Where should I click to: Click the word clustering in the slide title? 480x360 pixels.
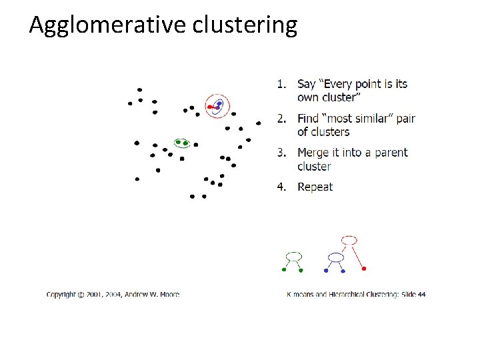245,25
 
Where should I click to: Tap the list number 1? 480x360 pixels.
281,84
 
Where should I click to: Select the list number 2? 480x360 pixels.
281,119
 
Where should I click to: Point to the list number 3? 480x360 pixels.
281,153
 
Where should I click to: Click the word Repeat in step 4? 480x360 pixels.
315,187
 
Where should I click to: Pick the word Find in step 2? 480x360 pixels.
308,119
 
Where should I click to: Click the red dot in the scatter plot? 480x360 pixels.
210,107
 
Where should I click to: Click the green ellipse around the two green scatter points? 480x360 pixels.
182,143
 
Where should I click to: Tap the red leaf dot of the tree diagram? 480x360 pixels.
364,269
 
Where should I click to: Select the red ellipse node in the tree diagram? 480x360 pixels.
349,239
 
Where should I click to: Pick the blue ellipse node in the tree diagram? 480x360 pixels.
336,257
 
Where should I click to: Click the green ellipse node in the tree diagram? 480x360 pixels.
293,256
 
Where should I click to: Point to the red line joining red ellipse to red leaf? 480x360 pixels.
357,255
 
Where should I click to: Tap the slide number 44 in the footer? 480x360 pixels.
421,294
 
